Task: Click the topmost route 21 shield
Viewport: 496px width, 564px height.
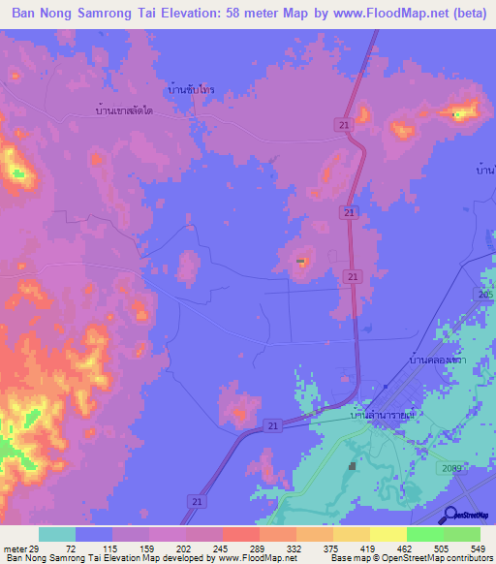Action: point(346,124)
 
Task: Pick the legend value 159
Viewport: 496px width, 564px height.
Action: point(148,548)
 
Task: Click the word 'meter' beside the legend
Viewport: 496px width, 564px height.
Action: point(15,548)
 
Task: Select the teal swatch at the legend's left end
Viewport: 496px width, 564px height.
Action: point(56,534)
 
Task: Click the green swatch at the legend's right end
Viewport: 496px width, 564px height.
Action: point(462,534)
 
